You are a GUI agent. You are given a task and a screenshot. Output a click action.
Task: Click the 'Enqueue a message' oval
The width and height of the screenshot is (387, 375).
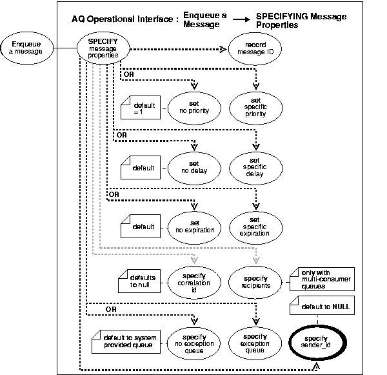[x=26, y=47]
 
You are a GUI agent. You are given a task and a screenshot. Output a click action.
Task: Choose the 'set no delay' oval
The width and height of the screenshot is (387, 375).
[x=191, y=167]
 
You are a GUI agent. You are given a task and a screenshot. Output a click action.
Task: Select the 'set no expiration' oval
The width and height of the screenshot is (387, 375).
[x=191, y=227]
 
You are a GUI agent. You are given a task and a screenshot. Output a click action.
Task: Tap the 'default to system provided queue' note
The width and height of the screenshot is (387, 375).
[x=126, y=341]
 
